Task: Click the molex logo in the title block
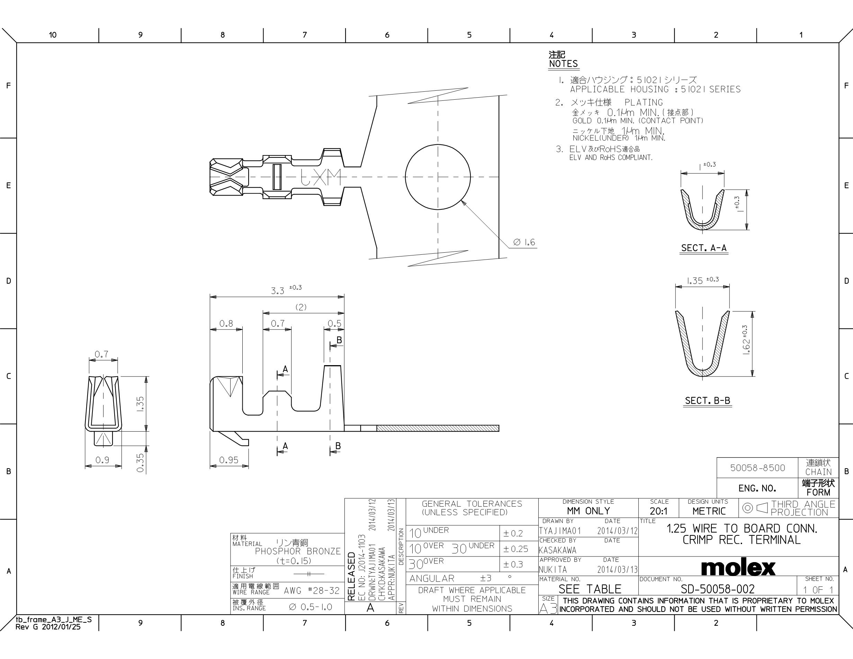point(738,568)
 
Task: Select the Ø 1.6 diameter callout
point(524,242)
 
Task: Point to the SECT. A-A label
point(703,248)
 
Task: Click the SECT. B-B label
point(707,400)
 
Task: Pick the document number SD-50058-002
point(718,589)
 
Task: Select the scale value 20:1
point(658,511)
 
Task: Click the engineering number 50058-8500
point(757,468)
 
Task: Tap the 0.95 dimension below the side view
point(229,460)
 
